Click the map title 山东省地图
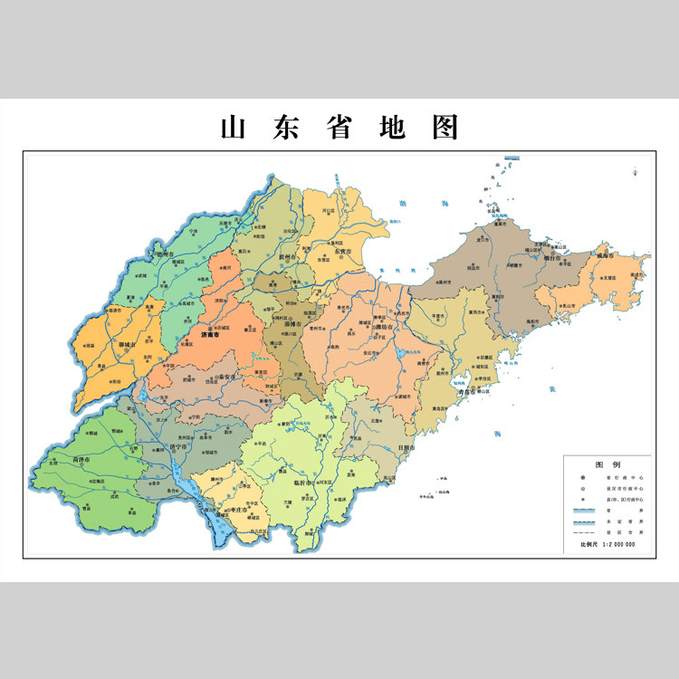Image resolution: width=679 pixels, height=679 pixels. pos(339,128)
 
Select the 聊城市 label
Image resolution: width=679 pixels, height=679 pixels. pos(128,344)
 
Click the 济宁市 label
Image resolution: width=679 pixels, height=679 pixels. pos(181,446)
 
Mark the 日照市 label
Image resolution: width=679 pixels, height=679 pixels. pos(406,447)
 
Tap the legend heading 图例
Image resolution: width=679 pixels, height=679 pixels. pos(606,463)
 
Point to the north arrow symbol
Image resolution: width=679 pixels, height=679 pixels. pos(636,169)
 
